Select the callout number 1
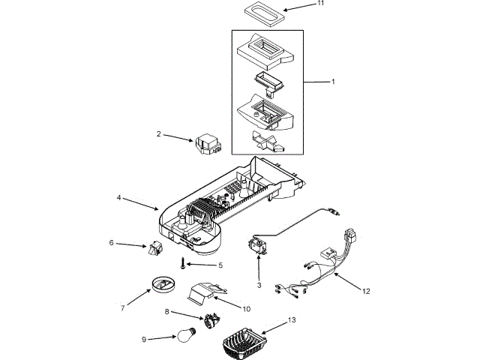pyautogui.click(x=333, y=80)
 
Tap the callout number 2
pyautogui.click(x=159, y=133)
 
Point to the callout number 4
pyautogui.click(x=118, y=197)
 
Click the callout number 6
pyautogui.click(x=112, y=242)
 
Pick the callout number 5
pyautogui.click(x=220, y=265)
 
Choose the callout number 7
pyautogui.click(x=121, y=309)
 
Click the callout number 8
pyautogui.click(x=167, y=311)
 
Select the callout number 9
pyautogui.click(x=143, y=339)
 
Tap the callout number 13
pyautogui.click(x=292, y=320)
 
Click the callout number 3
pyautogui.click(x=259, y=285)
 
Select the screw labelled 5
pyautogui.click(x=181, y=263)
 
